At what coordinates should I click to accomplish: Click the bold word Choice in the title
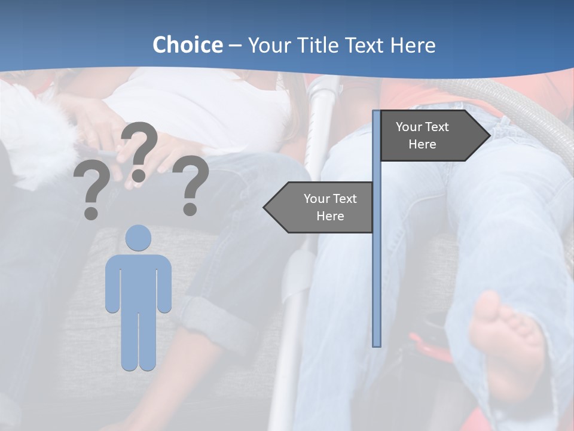coord(187,45)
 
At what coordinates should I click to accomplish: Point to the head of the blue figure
coord(138,238)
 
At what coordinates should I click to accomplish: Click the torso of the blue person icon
coord(138,281)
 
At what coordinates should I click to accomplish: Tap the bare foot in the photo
coord(505,341)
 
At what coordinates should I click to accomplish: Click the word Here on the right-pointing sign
coord(422,144)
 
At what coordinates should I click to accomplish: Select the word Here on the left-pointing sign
coord(330,216)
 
